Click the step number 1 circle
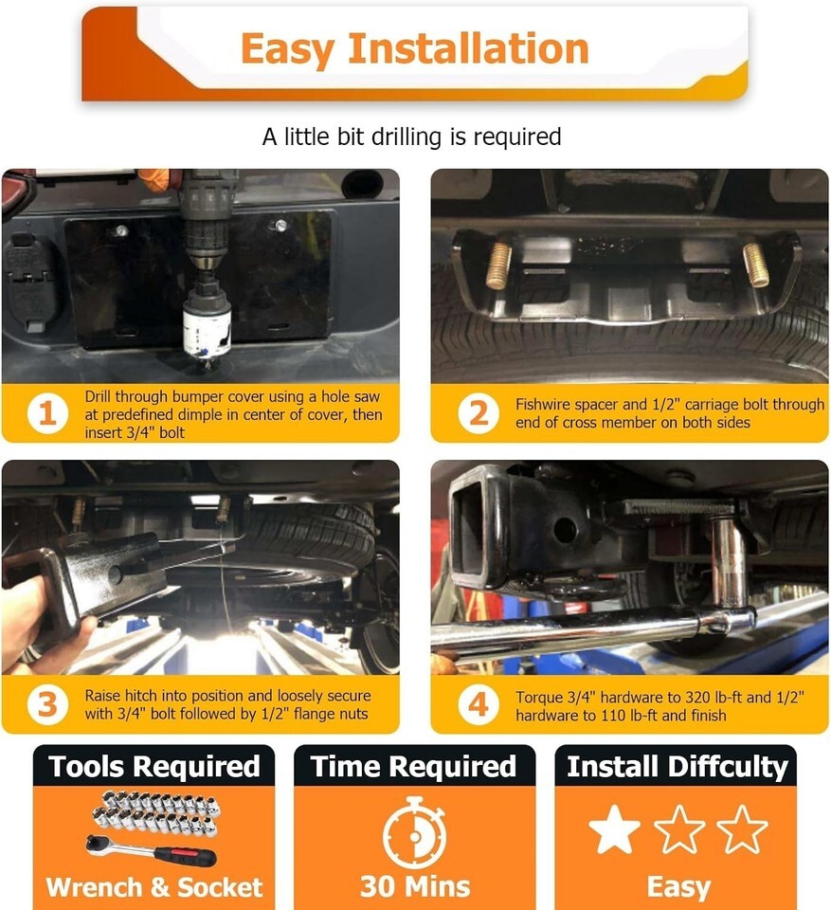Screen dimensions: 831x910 47,413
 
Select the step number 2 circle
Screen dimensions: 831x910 479,413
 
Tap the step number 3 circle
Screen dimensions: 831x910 47,704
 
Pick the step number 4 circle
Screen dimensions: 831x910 479,704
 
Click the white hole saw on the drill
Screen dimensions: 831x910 208,332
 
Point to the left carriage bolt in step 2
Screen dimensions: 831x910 498,265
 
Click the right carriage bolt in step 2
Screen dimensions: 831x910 756,264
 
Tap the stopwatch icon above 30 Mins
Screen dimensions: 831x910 414,832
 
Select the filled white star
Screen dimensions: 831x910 614,828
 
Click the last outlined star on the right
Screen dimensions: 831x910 742,828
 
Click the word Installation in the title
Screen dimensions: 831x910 468,48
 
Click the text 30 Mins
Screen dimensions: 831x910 415,887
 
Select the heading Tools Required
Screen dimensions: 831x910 154,766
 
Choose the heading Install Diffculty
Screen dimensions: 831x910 677,767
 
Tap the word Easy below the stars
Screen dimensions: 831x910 678,888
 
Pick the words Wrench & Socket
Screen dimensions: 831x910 154,887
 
